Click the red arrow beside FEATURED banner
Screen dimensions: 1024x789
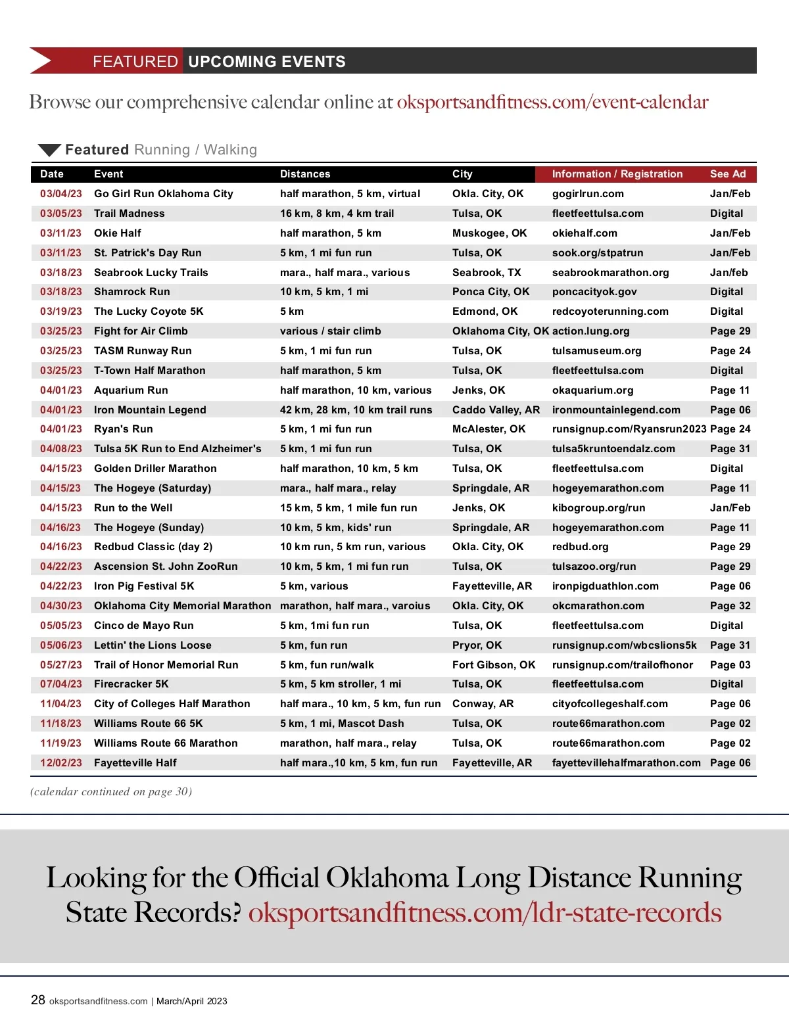[41, 61]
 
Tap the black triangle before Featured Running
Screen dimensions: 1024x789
[49, 150]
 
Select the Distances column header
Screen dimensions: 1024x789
[305, 174]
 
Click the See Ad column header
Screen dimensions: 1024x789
[728, 174]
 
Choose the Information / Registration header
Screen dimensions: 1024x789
[617, 174]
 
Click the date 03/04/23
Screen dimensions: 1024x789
[61, 194]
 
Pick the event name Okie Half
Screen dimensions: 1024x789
[118, 233]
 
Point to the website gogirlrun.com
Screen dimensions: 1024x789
[588, 194]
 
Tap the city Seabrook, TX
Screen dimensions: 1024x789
[487, 273]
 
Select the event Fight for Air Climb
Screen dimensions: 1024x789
[141, 331]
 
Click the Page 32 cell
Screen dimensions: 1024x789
[730, 606]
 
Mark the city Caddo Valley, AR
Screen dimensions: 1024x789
[496, 410]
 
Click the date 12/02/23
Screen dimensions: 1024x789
[61, 763]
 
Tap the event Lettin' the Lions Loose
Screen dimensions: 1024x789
[153, 645]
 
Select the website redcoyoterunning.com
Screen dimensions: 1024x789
[610, 312]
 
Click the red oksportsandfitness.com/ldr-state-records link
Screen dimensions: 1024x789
[485, 913]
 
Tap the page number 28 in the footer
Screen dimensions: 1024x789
[38, 1000]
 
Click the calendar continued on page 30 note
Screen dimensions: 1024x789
[111, 792]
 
